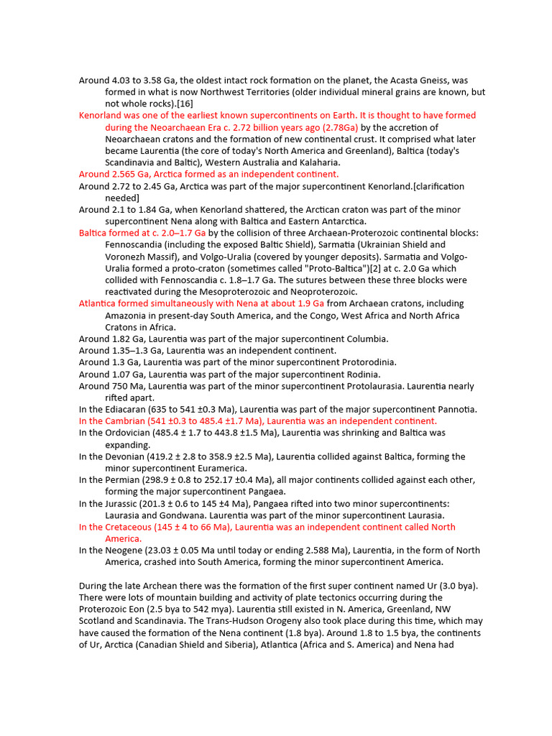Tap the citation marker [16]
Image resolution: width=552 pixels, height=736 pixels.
[175, 103]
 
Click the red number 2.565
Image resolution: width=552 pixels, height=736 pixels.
[124, 174]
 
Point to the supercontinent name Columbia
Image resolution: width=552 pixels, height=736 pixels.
[364, 339]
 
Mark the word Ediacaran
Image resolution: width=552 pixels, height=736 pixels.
[116, 410]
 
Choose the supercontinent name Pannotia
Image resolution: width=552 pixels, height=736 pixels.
[453, 410]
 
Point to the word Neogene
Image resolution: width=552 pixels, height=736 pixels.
[114, 551]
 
